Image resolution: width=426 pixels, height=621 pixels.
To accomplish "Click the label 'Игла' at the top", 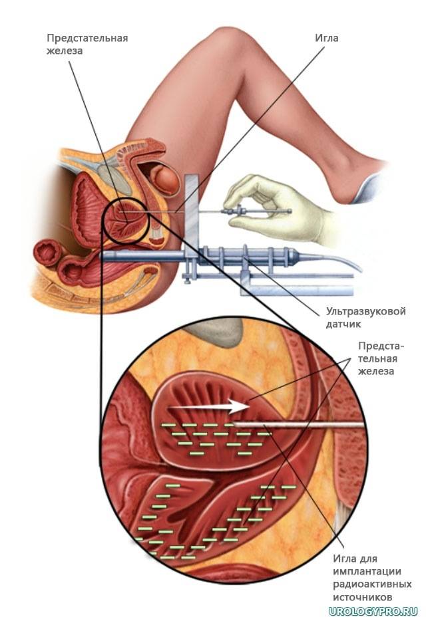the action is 327,38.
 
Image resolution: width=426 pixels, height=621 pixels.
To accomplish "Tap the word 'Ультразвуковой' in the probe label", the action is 366,311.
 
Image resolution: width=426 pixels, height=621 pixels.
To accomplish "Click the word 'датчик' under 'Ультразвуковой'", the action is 343,324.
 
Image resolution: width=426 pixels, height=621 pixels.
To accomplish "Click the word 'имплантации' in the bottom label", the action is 367,572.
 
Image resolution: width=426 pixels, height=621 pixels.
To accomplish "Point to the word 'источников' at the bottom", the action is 363,596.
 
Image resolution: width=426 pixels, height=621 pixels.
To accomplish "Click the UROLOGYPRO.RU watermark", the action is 373,612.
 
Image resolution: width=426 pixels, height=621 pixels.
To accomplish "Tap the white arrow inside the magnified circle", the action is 208,406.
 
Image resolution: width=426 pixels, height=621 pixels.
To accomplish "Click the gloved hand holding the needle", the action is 278,208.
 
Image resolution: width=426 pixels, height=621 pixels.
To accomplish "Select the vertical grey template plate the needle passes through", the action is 191,226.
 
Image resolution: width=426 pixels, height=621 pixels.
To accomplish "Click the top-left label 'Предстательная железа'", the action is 87,45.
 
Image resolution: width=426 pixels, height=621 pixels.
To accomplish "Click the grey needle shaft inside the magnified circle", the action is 298,425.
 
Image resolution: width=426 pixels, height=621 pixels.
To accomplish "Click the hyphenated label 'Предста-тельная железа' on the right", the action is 381,358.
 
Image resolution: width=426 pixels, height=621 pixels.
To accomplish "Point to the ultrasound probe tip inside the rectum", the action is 105,255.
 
